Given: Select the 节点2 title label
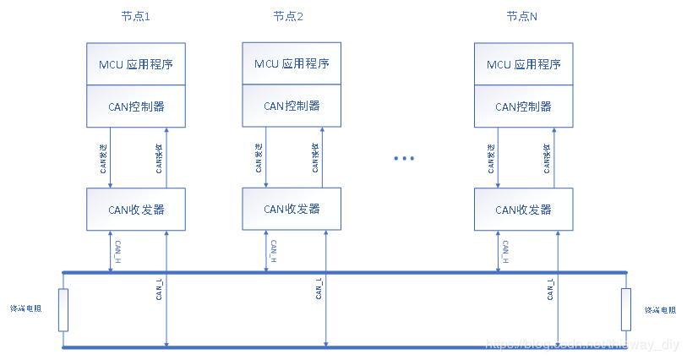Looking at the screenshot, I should [x=287, y=17].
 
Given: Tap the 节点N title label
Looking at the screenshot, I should [x=522, y=17].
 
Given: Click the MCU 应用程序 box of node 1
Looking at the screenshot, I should [x=137, y=64].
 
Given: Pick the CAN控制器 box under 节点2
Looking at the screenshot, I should [x=292, y=106].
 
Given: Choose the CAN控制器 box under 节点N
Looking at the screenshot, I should [x=523, y=106].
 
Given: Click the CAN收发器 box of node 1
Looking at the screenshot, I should [x=137, y=210].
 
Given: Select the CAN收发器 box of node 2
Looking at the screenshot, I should [x=292, y=209].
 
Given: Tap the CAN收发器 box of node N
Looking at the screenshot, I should [x=523, y=210].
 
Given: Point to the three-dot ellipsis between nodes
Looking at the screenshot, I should [x=405, y=158].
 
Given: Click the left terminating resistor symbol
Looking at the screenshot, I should [x=63, y=309].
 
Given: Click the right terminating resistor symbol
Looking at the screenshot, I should [x=625, y=309].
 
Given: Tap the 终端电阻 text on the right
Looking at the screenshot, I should [x=661, y=309].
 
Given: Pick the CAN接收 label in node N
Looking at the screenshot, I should [x=546, y=158].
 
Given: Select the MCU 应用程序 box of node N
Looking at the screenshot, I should [x=523, y=64].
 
